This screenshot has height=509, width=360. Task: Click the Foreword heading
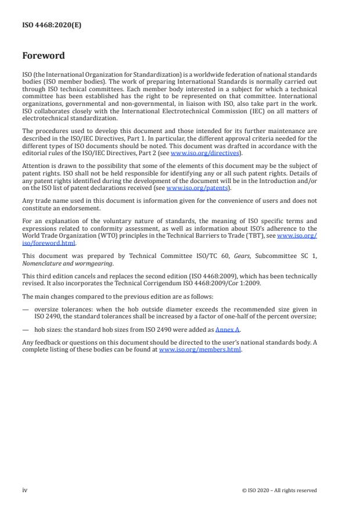tap(43, 56)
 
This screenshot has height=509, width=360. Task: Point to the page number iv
tap(24, 490)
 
